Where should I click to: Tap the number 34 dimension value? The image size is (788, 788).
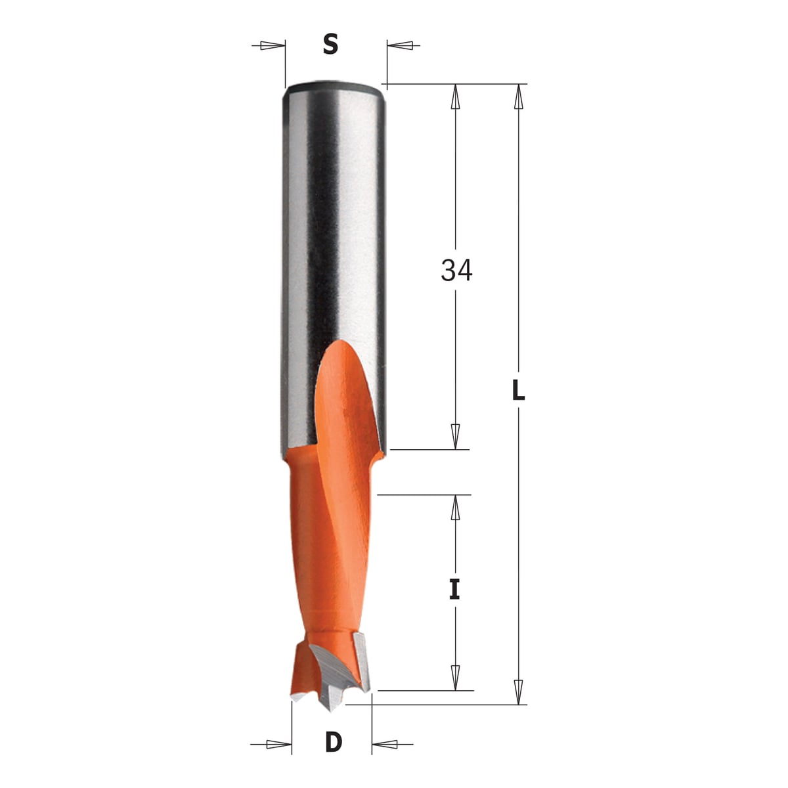pos(456,271)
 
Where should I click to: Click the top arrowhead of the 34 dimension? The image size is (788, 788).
pos(456,96)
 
